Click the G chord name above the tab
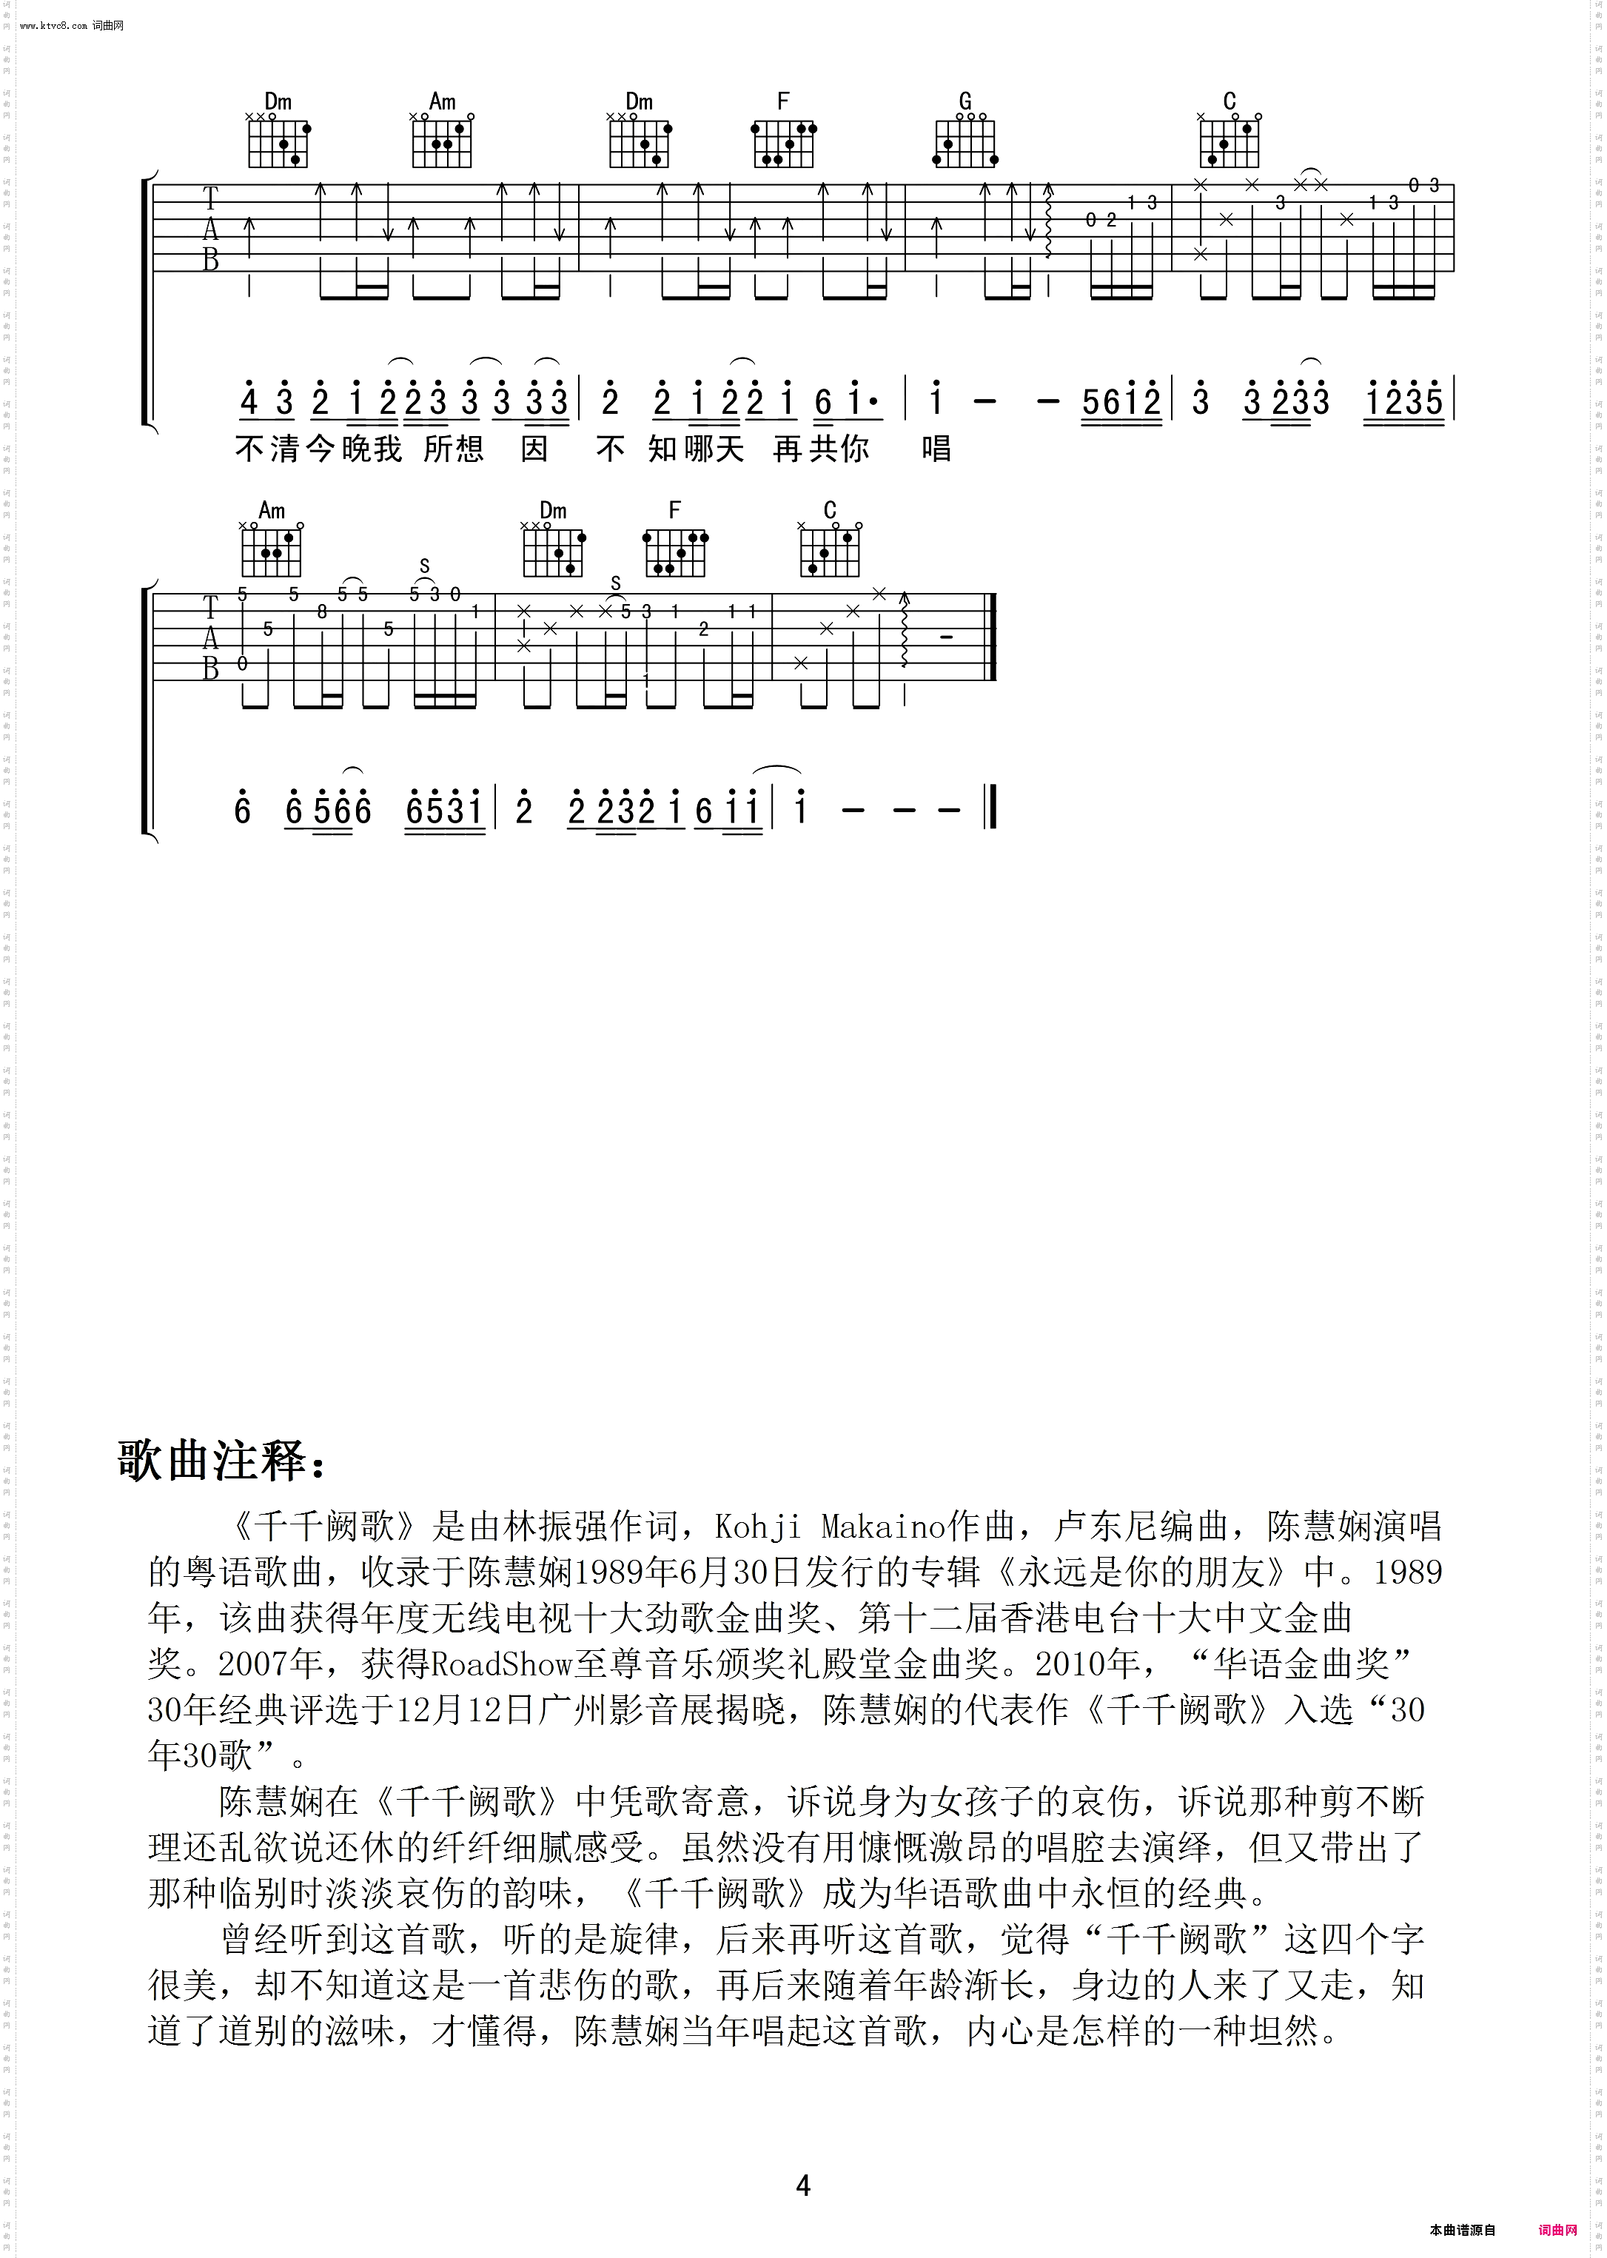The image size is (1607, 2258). tap(964, 101)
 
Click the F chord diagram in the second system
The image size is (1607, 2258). tap(676, 551)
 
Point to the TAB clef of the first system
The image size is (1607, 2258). tap(209, 229)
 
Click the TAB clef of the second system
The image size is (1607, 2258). tap(209, 638)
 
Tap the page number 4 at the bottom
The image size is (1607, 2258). tap(802, 2185)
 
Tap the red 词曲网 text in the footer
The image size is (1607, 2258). tap(1557, 2231)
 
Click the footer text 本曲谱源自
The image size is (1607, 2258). tap(1463, 2231)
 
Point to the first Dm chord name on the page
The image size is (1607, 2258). tap(278, 101)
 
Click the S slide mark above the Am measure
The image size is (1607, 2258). tap(424, 566)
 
